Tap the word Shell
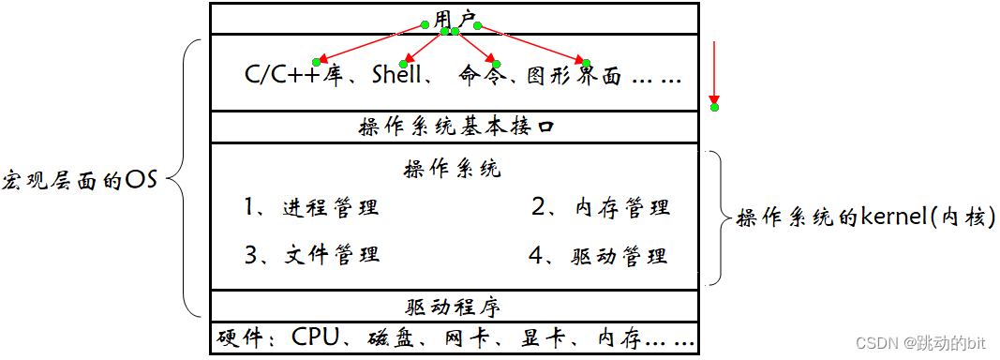[397, 76]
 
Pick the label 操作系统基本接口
[456, 127]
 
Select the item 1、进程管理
[312, 207]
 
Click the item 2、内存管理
[601, 207]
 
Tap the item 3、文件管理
[312, 254]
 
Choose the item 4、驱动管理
[598, 255]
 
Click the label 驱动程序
[455, 306]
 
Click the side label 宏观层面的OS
[80, 180]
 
